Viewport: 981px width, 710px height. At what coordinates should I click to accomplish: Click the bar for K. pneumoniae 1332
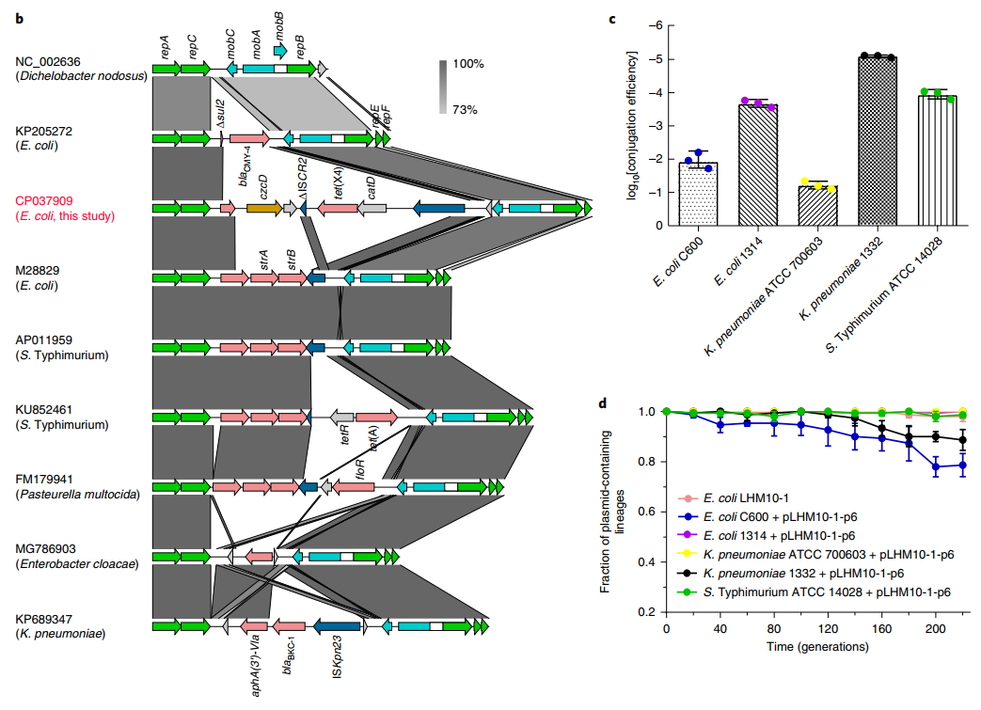(877, 141)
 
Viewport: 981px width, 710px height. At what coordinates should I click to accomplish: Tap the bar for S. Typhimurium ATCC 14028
(936, 160)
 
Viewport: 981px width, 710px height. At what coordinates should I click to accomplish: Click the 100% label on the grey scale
(467, 64)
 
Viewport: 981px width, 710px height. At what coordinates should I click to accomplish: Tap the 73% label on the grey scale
(465, 110)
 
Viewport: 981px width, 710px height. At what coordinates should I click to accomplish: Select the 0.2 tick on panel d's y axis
(647, 612)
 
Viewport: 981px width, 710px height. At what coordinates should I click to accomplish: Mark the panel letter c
(612, 18)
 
